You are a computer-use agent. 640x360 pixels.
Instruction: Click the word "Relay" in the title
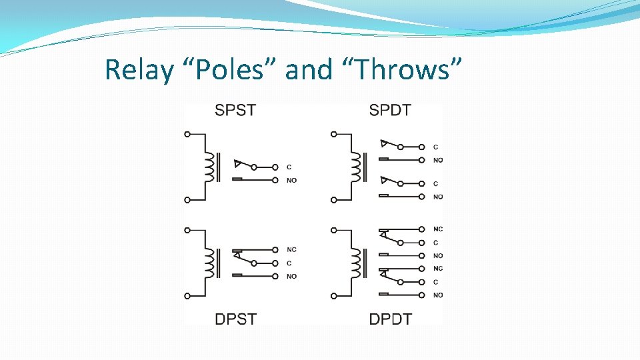[138, 69]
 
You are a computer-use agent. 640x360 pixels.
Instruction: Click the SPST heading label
[235, 110]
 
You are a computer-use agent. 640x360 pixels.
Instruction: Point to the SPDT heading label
[390, 110]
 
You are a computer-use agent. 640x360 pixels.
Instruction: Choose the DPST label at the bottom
[235, 319]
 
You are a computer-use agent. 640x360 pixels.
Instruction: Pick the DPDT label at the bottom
[390, 319]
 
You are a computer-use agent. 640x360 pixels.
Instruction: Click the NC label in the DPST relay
[291, 250]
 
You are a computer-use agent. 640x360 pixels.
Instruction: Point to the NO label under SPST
[291, 181]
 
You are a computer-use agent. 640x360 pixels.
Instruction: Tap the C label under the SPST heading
[289, 167]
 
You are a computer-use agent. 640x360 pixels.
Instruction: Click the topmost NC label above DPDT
[438, 229]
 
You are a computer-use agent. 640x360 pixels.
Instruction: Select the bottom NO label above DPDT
[438, 295]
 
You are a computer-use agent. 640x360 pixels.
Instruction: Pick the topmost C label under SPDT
[435, 147]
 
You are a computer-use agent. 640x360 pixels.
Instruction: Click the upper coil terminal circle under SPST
[187, 134]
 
